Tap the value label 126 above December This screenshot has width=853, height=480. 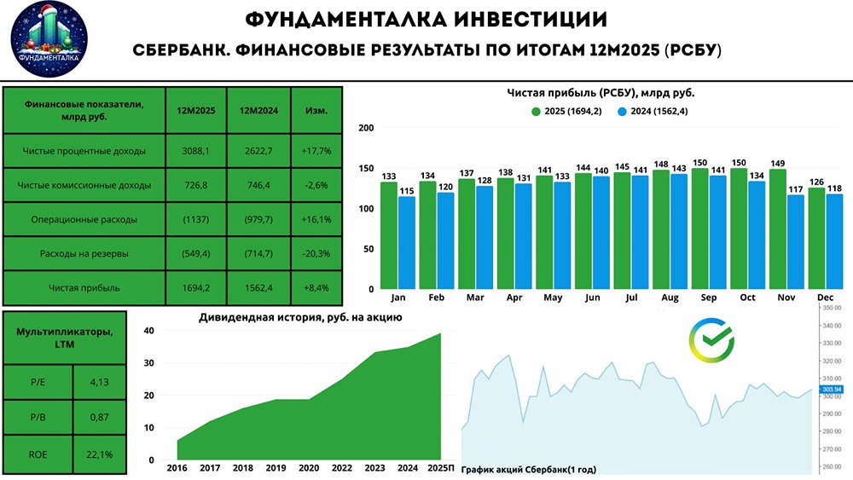click(x=816, y=181)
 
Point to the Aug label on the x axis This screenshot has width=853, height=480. click(x=670, y=298)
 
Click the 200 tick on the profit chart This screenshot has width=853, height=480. click(x=367, y=128)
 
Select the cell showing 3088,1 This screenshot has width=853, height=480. click(x=195, y=151)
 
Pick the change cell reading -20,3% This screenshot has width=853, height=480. click(x=316, y=253)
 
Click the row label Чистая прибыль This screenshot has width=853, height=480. click(x=84, y=287)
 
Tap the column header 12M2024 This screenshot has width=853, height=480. click(x=258, y=111)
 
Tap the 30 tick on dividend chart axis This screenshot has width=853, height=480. click(x=150, y=363)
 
